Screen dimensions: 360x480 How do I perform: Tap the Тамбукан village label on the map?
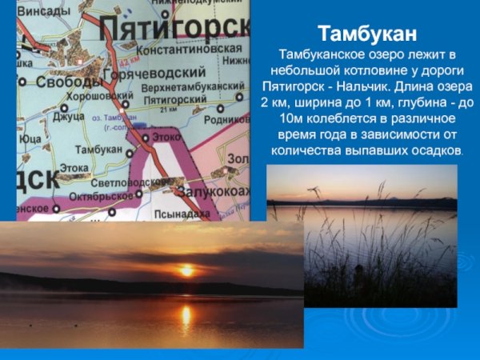[98, 150]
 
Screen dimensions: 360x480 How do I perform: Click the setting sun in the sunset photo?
[186, 270]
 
